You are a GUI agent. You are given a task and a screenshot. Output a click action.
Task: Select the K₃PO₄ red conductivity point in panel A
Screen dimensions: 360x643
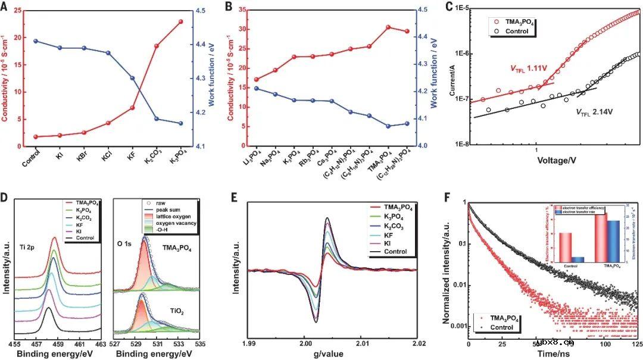(180, 21)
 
